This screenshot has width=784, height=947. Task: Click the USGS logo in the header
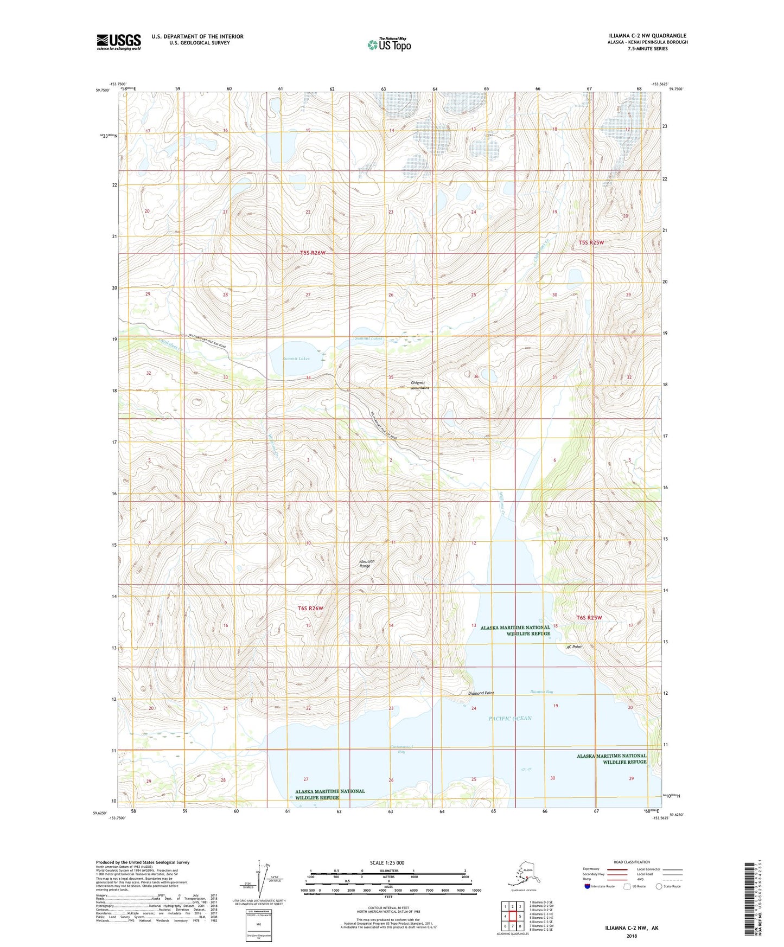pos(118,42)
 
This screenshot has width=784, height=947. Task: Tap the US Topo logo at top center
pos(388,44)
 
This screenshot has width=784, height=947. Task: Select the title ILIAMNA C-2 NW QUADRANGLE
pos(647,36)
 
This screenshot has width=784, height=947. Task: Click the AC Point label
pos(573,647)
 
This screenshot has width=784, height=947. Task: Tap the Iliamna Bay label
pos(541,692)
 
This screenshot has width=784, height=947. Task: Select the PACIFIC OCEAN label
pos(510,719)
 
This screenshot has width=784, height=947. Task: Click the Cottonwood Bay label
pos(402,749)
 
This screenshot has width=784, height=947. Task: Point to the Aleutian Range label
pos(365,564)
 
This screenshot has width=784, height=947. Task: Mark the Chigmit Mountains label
pos(420,385)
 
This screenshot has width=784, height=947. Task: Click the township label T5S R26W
pos(313,253)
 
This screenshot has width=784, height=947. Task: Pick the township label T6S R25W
pos(589,618)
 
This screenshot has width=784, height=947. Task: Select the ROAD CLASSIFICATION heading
pos(632,862)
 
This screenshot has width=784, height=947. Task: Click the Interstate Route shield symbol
pos(587,886)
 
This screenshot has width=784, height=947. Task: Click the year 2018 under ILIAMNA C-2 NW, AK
pos(632,936)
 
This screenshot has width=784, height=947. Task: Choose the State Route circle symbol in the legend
pos(659,886)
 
